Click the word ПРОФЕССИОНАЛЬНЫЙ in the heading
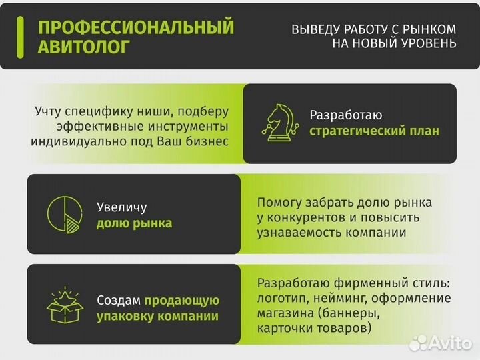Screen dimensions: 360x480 click(x=136, y=27)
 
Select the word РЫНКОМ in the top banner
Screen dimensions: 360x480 click(x=430, y=29)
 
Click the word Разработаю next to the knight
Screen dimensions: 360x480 click(x=346, y=115)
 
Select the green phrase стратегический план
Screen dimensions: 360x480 click(x=374, y=131)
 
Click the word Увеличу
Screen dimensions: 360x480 click(x=121, y=207)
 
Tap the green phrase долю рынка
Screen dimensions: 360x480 click(x=134, y=223)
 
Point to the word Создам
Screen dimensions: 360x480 click(x=119, y=301)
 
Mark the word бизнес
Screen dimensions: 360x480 click(x=204, y=141)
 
